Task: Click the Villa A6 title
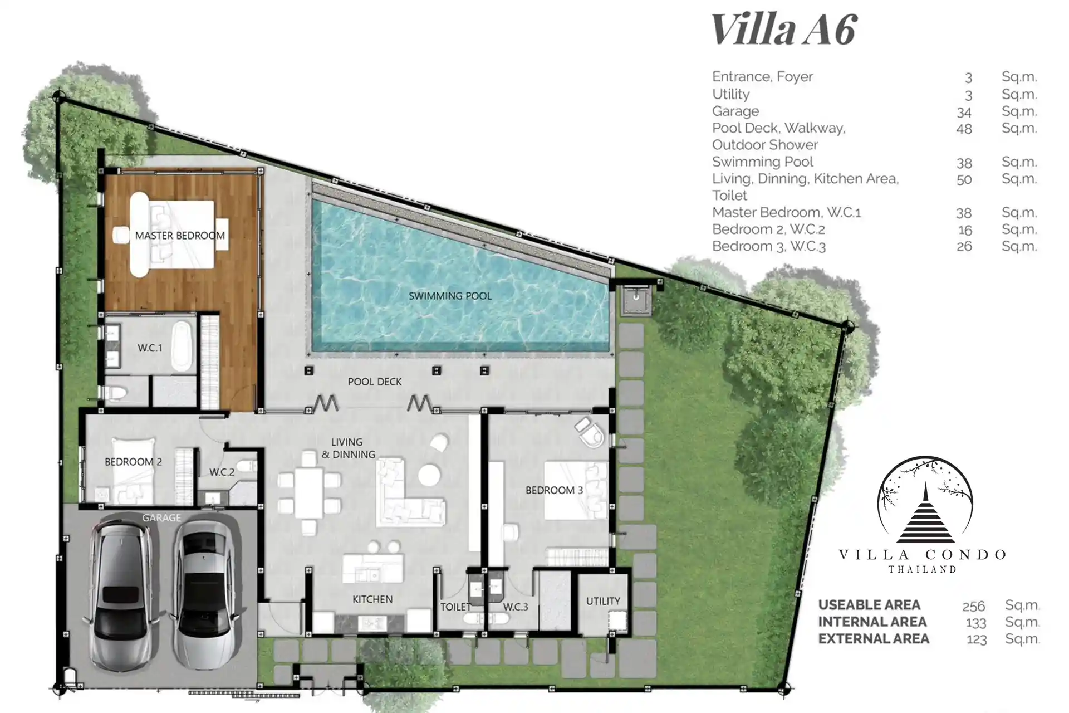pyautogui.click(x=784, y=29)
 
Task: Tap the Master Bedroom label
pyautogui.click(x=180, y=236)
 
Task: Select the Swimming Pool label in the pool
pyautogui.click(x=450, y=296)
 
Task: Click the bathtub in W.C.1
pyautogui.click(x=181, y=345)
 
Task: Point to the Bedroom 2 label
pyautogui.click(x=133, y=462)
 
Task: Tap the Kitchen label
pyautogui.click(x=372, y=599)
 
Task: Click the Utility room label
pyautogui.click(x=603, y=601)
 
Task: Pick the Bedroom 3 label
pyautogui.click(x=554, y=490)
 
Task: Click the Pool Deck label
pyautogui.click(x=375, y=382)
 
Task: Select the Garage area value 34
pyautogui.click(x=964, y=112)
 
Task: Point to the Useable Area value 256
pyautogui.click(x=974, y=606)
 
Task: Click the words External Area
pyautogui.click(x=874, y=638)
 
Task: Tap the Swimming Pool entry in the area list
pyautogui.click(x=763, y=162)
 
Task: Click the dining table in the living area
pyautogui.click(x=309, y=493)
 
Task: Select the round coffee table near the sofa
pyautogui.click(x=430, y=475)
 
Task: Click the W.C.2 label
pyautogui.click(x=222, y=472)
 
